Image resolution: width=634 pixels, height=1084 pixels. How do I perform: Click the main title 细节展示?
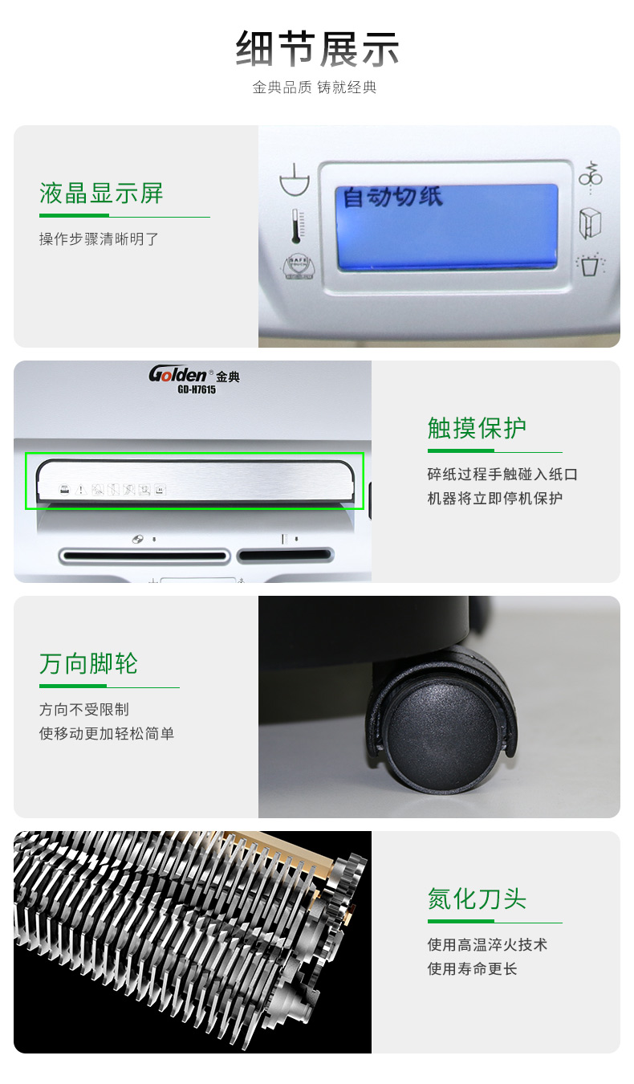[317, 48]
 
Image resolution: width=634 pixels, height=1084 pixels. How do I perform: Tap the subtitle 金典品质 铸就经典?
[315, 87]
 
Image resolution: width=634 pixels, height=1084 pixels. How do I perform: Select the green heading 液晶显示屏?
[101, 194]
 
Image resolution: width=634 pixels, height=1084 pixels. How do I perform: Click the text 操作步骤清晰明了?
[99, 238]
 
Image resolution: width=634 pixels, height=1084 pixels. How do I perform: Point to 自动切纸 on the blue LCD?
[392, 197]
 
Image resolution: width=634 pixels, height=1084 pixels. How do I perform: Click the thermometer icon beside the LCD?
[296, 226]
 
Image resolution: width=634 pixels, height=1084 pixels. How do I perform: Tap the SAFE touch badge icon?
[298, 266]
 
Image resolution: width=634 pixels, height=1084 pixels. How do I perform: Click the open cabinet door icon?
[590, 223]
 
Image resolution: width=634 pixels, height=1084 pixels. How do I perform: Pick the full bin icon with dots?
[590, 264]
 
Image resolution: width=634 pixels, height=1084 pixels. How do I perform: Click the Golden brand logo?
[178, 374]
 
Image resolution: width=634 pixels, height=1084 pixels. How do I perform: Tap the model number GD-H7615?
[197, 389]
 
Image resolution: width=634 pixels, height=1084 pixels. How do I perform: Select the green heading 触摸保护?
[477, 428]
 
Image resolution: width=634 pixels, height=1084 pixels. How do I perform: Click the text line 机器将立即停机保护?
[494, 498]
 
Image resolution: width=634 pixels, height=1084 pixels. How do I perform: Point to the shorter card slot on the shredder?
[286, 555]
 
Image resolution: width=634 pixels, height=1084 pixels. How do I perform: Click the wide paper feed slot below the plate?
[144, 556]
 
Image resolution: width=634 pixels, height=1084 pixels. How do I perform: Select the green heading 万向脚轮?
[88, 663]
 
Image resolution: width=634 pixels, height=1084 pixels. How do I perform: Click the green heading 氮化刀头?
[477, 899]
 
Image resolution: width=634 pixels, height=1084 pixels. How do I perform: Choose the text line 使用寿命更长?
[472, 969]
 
